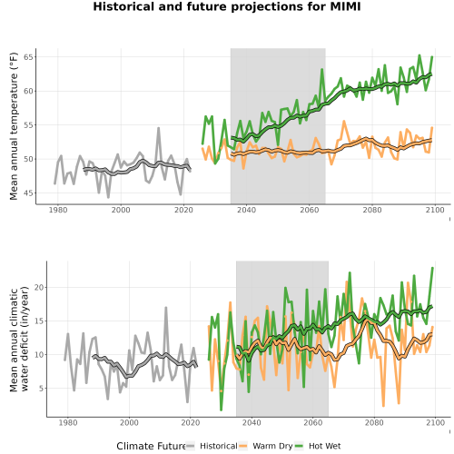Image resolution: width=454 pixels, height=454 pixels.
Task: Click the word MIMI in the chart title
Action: (345, 6)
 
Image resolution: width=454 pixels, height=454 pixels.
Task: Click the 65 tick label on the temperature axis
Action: (28, 57)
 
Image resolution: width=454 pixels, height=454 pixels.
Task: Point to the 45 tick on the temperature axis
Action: (28, 193)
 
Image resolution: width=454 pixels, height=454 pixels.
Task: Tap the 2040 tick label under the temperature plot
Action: (246, 210)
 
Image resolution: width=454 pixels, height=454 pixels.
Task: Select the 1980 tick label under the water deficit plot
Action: (68, 422)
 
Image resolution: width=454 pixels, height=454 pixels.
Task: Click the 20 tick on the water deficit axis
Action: (39, 287)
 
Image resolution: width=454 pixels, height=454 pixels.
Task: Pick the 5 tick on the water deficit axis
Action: (42, 389)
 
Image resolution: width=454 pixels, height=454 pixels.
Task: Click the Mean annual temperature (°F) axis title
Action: (14, 126)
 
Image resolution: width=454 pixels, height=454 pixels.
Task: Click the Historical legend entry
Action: (212, 446)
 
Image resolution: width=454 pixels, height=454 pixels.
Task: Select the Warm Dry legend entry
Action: (265, 446)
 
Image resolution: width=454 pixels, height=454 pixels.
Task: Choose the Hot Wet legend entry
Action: (318, 446)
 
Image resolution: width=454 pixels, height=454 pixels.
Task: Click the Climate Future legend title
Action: (151, 446)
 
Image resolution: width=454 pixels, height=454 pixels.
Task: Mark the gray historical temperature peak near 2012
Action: (158, 128)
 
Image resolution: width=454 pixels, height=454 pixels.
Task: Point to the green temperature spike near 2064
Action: (322, 69)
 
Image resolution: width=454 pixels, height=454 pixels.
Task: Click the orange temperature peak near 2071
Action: (344, 121)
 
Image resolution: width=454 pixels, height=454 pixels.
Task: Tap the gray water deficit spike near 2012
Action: (166, 308)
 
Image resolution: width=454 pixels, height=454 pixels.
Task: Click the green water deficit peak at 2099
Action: (432, 268)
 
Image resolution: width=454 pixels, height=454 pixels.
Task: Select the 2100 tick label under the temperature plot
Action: (435, 210)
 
